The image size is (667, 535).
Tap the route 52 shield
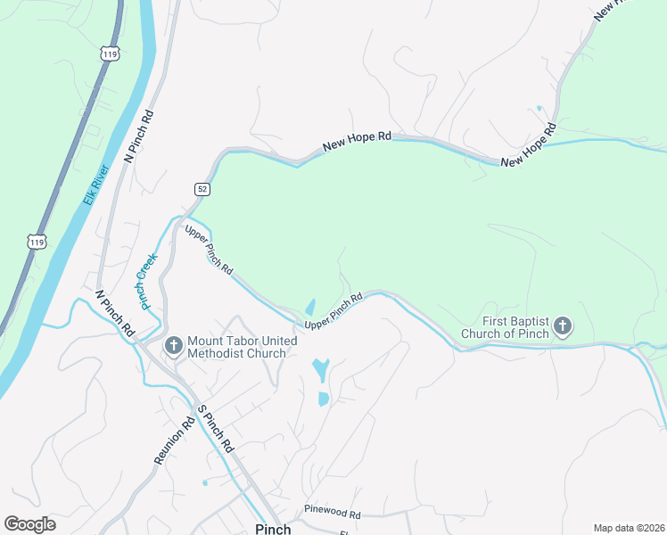[202, 188]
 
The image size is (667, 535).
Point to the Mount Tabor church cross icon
[172, 342]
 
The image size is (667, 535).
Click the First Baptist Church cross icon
[563, 326]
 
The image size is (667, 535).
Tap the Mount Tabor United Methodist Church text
[237, 348]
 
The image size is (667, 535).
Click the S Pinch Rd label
[215, 428]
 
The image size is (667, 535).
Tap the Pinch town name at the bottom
[273, 528]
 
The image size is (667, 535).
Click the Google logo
[29, 524]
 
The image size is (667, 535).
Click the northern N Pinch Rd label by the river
[139, 136]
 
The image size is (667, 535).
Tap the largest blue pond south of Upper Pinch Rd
[320, 367]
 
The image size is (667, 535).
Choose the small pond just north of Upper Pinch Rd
[309, 306]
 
